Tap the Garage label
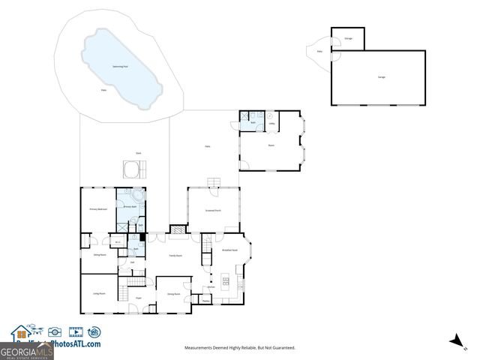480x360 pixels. [381, 78]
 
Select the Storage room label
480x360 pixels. [348, 38]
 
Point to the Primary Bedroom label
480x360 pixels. [98, 209]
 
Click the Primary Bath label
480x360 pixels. [129, 206]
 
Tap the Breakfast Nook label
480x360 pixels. [229, 250]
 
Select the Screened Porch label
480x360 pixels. [213, 211]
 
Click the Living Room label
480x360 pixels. [98, 293]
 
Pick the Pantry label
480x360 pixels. [205, 301]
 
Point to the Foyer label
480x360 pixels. [139, 298]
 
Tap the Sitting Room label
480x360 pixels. [98, 255]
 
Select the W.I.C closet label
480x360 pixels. [118, 242]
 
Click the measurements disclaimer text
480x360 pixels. [240, 347]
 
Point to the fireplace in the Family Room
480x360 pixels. [177, 230]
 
